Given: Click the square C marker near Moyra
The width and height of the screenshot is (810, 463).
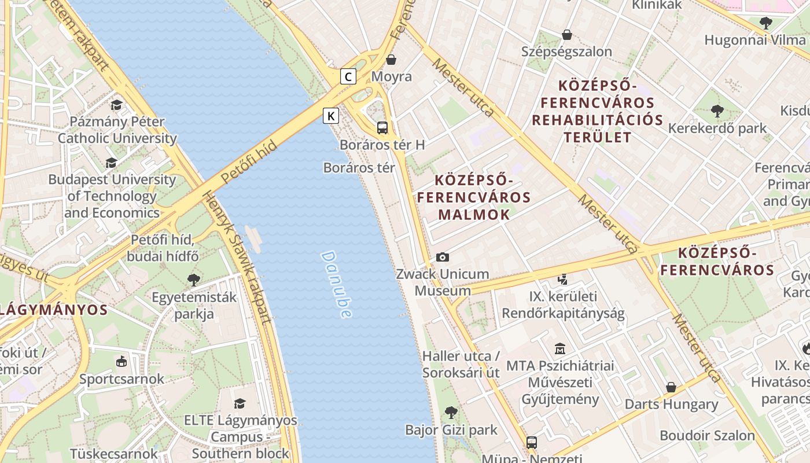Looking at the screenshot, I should (348, 76).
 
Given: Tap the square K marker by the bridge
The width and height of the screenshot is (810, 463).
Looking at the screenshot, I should (330, 116).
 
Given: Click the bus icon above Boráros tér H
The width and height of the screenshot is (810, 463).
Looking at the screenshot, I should (382, 128).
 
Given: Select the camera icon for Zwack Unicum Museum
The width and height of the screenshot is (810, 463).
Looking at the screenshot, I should (443, 257).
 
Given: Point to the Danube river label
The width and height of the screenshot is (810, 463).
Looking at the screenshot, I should (336, 284).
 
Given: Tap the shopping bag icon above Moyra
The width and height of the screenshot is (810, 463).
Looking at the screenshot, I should (392, 59).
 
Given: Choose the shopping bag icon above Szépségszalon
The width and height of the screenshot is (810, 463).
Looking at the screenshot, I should (566, 35).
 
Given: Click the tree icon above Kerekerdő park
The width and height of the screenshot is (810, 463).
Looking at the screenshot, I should (717, 111).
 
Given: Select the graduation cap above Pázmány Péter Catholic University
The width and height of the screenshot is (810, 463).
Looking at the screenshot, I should (117, 105).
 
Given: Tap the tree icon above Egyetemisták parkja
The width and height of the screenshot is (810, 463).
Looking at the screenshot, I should (194, 280).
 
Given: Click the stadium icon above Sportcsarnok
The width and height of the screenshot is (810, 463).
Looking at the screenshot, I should (122, 362).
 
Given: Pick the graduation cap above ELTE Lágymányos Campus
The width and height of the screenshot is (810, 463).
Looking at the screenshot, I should (240, 403).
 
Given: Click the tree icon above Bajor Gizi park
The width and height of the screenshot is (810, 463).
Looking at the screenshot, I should (451, 413).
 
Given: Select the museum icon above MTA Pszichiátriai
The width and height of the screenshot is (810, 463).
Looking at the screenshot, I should (560, 349).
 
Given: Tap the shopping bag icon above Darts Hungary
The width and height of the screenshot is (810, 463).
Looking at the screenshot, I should (671, 387).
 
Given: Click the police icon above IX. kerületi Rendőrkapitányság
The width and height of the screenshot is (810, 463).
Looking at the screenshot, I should (562, 280).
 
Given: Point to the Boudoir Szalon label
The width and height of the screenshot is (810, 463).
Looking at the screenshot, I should (707, 435).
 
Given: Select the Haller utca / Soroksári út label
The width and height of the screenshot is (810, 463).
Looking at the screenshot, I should (461, 364).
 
